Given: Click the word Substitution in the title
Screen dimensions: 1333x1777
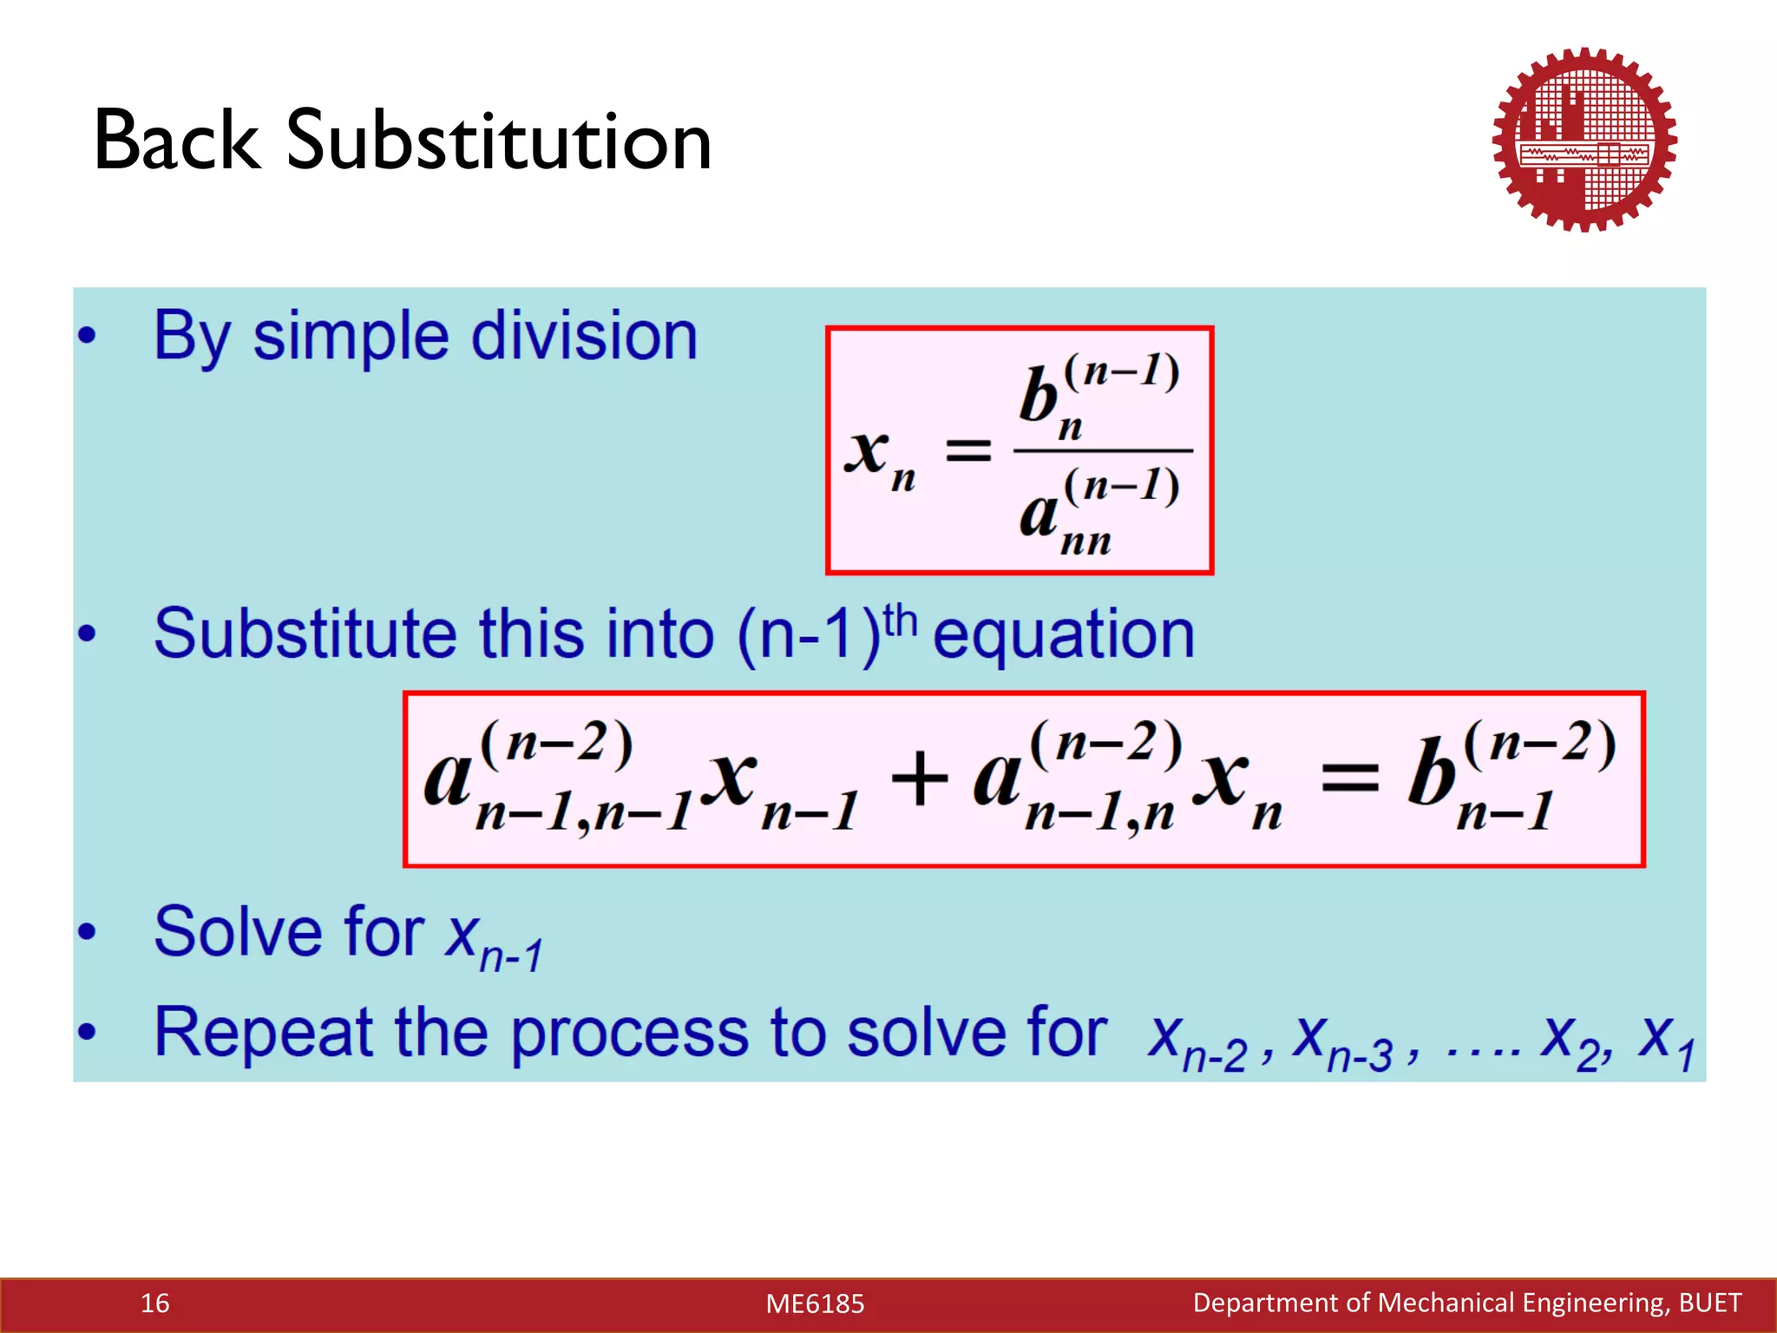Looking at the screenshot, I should pyautogui.click(x=499, y=141).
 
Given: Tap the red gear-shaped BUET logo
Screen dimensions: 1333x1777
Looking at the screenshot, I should pyautogui.click(x=1584, y=140).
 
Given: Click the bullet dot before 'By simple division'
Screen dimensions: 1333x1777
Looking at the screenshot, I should pyautogui.click(x=86, y=337).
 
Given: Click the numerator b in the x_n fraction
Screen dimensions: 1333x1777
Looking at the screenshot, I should pyautogui.click(x=1039, y=396).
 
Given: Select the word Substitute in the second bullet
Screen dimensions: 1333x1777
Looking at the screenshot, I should pyautogui.click(x=304, y=634).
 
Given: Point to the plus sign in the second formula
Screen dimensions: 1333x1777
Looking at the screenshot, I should pyautogui.click(x=919, y=778).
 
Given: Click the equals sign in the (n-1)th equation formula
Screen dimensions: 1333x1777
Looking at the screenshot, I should pyautogui.click(x=1349, y=778).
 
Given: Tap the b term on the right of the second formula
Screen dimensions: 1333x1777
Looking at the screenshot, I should pyautogui.click(x=1432, y=772).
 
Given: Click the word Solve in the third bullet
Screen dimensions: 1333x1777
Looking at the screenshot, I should pyautogui.click(x=239, y=932).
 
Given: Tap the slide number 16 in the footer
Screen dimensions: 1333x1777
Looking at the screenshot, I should pyautogui.click(x=155, y=1303).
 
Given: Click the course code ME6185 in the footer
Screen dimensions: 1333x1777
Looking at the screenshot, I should pyautogui.click(x=815, y=1303).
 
